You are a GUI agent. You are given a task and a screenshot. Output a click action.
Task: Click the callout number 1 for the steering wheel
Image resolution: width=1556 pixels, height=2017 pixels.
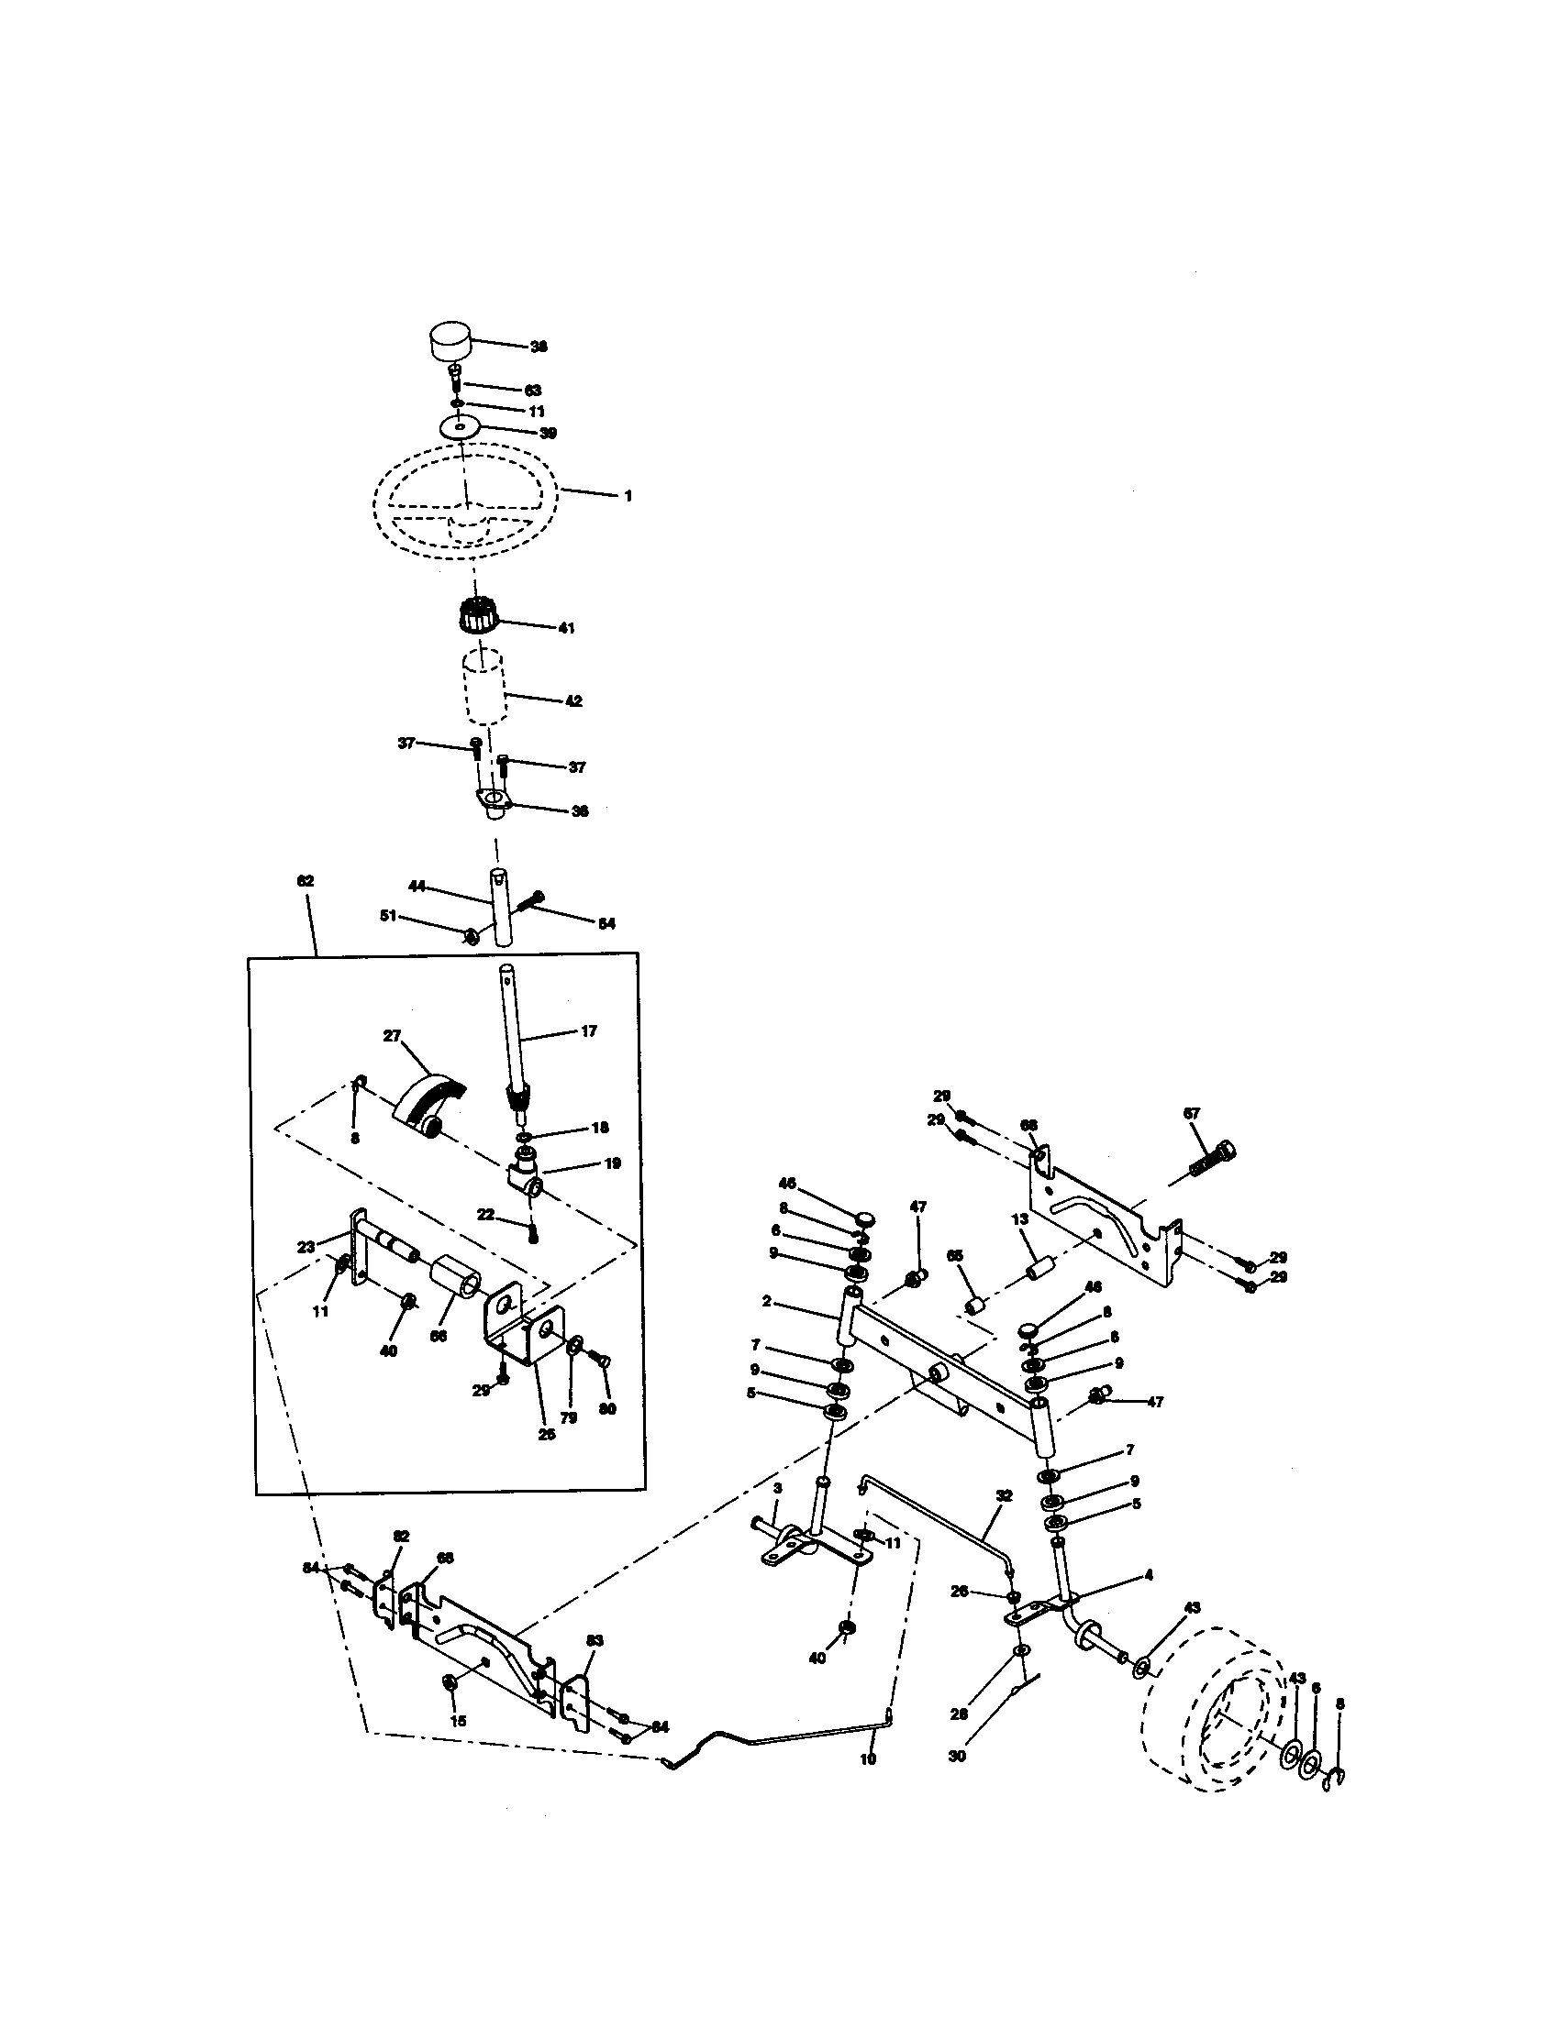pyautogui.click(x=628, y=497)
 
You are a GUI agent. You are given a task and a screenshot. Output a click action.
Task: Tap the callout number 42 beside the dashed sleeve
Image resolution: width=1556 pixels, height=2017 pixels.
pyautogui.click(x=572, y=701)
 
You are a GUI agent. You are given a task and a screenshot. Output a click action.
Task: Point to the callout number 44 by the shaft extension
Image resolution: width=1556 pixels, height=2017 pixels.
pyautogui.click(x=417, y=886)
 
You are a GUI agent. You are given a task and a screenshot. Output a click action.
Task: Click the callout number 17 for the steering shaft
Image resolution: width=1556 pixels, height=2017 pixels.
pyautogui.click(x=589, y=1031)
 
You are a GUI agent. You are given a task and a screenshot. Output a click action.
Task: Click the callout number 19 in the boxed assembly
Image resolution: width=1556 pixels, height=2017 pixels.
pyautogui.click(x=613, y=1163)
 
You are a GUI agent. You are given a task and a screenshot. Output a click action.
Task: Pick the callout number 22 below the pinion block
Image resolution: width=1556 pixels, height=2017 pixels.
pyautogui.click(x=486, y=1214)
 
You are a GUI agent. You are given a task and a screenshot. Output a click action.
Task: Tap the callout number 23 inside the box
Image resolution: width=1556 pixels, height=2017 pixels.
pyautogui.click(x=306, y=1247)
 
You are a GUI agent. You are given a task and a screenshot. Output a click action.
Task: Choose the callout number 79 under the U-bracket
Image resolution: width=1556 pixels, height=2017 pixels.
pyautogui.click(x=569, y=1417)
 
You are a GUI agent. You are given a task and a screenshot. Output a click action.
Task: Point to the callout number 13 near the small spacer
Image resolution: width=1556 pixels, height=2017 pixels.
pyautogui.click(x=1020, y=1219)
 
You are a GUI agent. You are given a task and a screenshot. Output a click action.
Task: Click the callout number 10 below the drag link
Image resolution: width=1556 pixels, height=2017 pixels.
pyautogui.click(x=867, y=1760)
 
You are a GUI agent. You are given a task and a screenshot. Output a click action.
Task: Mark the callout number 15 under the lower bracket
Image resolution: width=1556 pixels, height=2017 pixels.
pyautogui.click(x=459, y=1721)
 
